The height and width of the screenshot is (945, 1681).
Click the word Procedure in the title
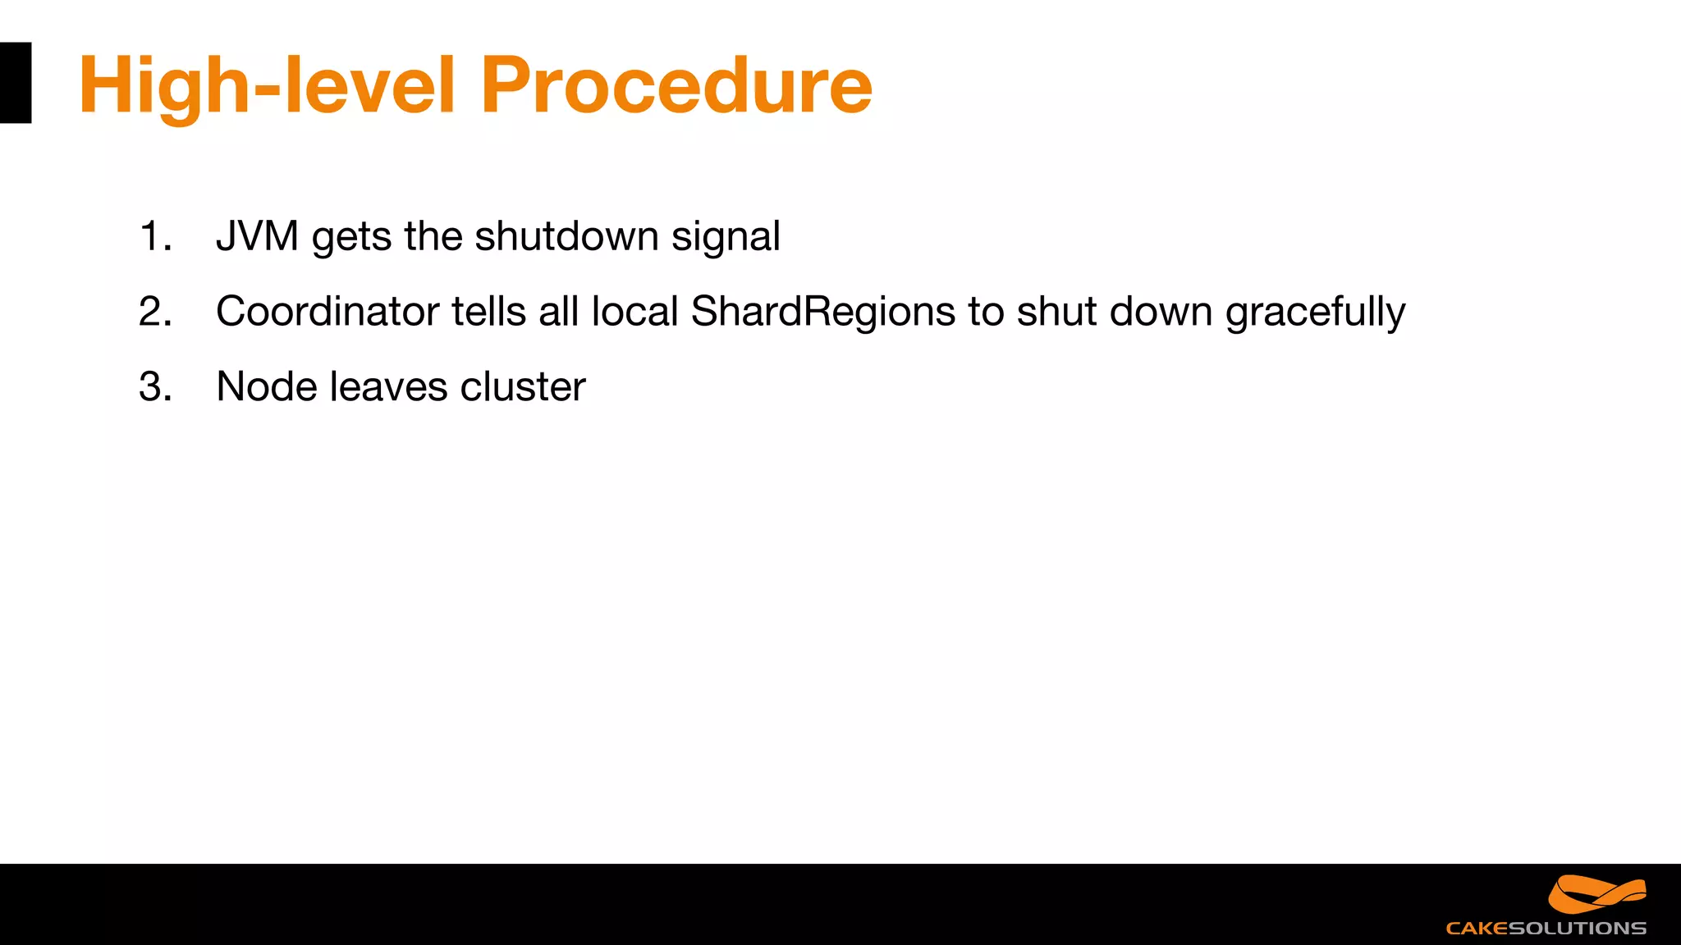[676, 85]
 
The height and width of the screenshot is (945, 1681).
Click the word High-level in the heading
[266, 85]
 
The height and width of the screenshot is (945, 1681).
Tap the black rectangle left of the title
[15, 83]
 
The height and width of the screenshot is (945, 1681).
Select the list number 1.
[154, 236]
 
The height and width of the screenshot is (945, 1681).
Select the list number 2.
[154, 312]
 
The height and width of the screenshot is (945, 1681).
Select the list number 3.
[154, 386]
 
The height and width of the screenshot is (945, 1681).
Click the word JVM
[257, 236]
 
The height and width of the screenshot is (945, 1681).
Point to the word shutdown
[566, 236]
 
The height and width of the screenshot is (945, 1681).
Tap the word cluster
[523, 386]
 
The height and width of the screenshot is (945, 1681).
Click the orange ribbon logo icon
[1596, 894]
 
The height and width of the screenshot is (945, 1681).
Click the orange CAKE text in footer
[1477, 929]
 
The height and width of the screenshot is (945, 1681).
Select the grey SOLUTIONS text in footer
[1577, 929]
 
